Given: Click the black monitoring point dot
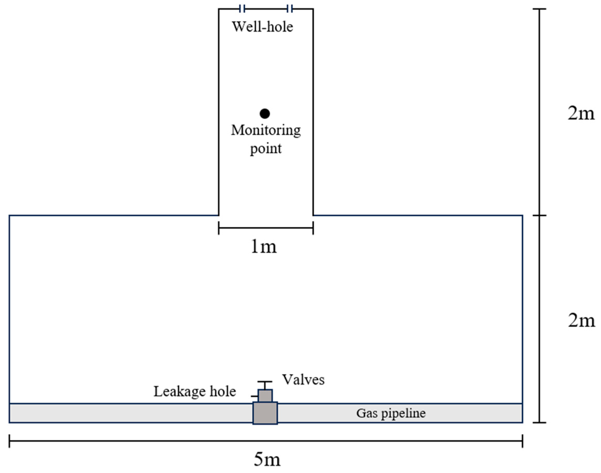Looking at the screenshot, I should (x=264, y=113).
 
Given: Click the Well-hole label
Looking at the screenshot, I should (x=262, y=27).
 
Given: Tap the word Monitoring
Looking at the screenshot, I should (x=266, y=130).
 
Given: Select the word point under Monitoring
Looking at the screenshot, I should (x=266, y=149).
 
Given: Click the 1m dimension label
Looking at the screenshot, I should (x=263, y=246).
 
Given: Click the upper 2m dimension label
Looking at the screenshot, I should (x=581, y=113).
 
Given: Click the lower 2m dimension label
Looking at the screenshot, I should (x=581, y=321).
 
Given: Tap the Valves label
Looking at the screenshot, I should (x=303, y=380).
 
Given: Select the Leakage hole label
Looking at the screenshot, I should (x=195, y=392).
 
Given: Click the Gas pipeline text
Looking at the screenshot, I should (x=391, y=413).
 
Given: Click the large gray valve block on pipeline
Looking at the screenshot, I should (x=265, y=413).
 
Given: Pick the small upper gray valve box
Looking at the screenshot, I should (x=265, y=396).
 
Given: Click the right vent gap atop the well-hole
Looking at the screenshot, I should (x=290, y=9).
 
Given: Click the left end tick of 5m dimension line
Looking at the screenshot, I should (x=9, y=441).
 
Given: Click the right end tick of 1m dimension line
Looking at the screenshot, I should (x=313, y=228).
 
